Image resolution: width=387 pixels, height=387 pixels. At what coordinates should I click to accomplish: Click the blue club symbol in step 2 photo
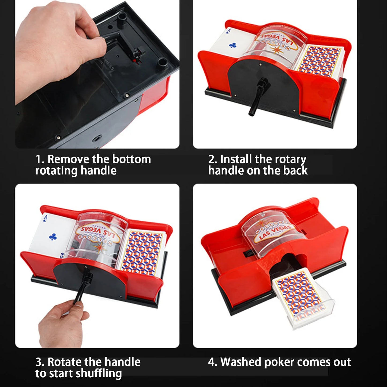(232, 45)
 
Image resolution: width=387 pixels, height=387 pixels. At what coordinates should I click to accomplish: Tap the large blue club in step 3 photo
(53, 237)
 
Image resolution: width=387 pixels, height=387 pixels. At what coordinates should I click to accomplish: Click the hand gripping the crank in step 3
(62, 324)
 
